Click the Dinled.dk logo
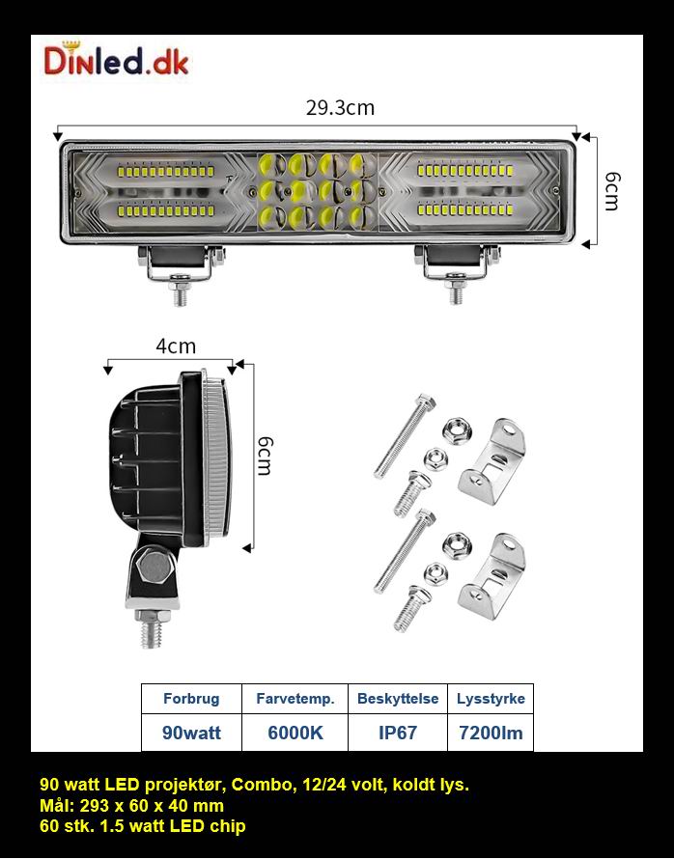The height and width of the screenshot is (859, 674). [116, 61]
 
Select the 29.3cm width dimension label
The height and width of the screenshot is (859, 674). [340, 107]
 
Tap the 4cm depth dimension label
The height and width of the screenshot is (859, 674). [176, 346]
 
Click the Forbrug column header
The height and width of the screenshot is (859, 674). [191, 699]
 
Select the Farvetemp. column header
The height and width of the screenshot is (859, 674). [295, 699]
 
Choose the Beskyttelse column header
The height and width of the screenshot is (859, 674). [397, 699]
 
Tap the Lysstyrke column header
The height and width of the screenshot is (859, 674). [490, 699]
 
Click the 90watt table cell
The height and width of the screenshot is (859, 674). [191, 733]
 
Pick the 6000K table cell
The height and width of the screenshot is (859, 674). [295, 733]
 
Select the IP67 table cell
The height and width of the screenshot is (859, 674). [397, 733]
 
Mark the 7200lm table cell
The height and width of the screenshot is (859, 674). [490, 733]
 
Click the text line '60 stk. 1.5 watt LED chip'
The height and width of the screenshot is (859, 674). [143, 826]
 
